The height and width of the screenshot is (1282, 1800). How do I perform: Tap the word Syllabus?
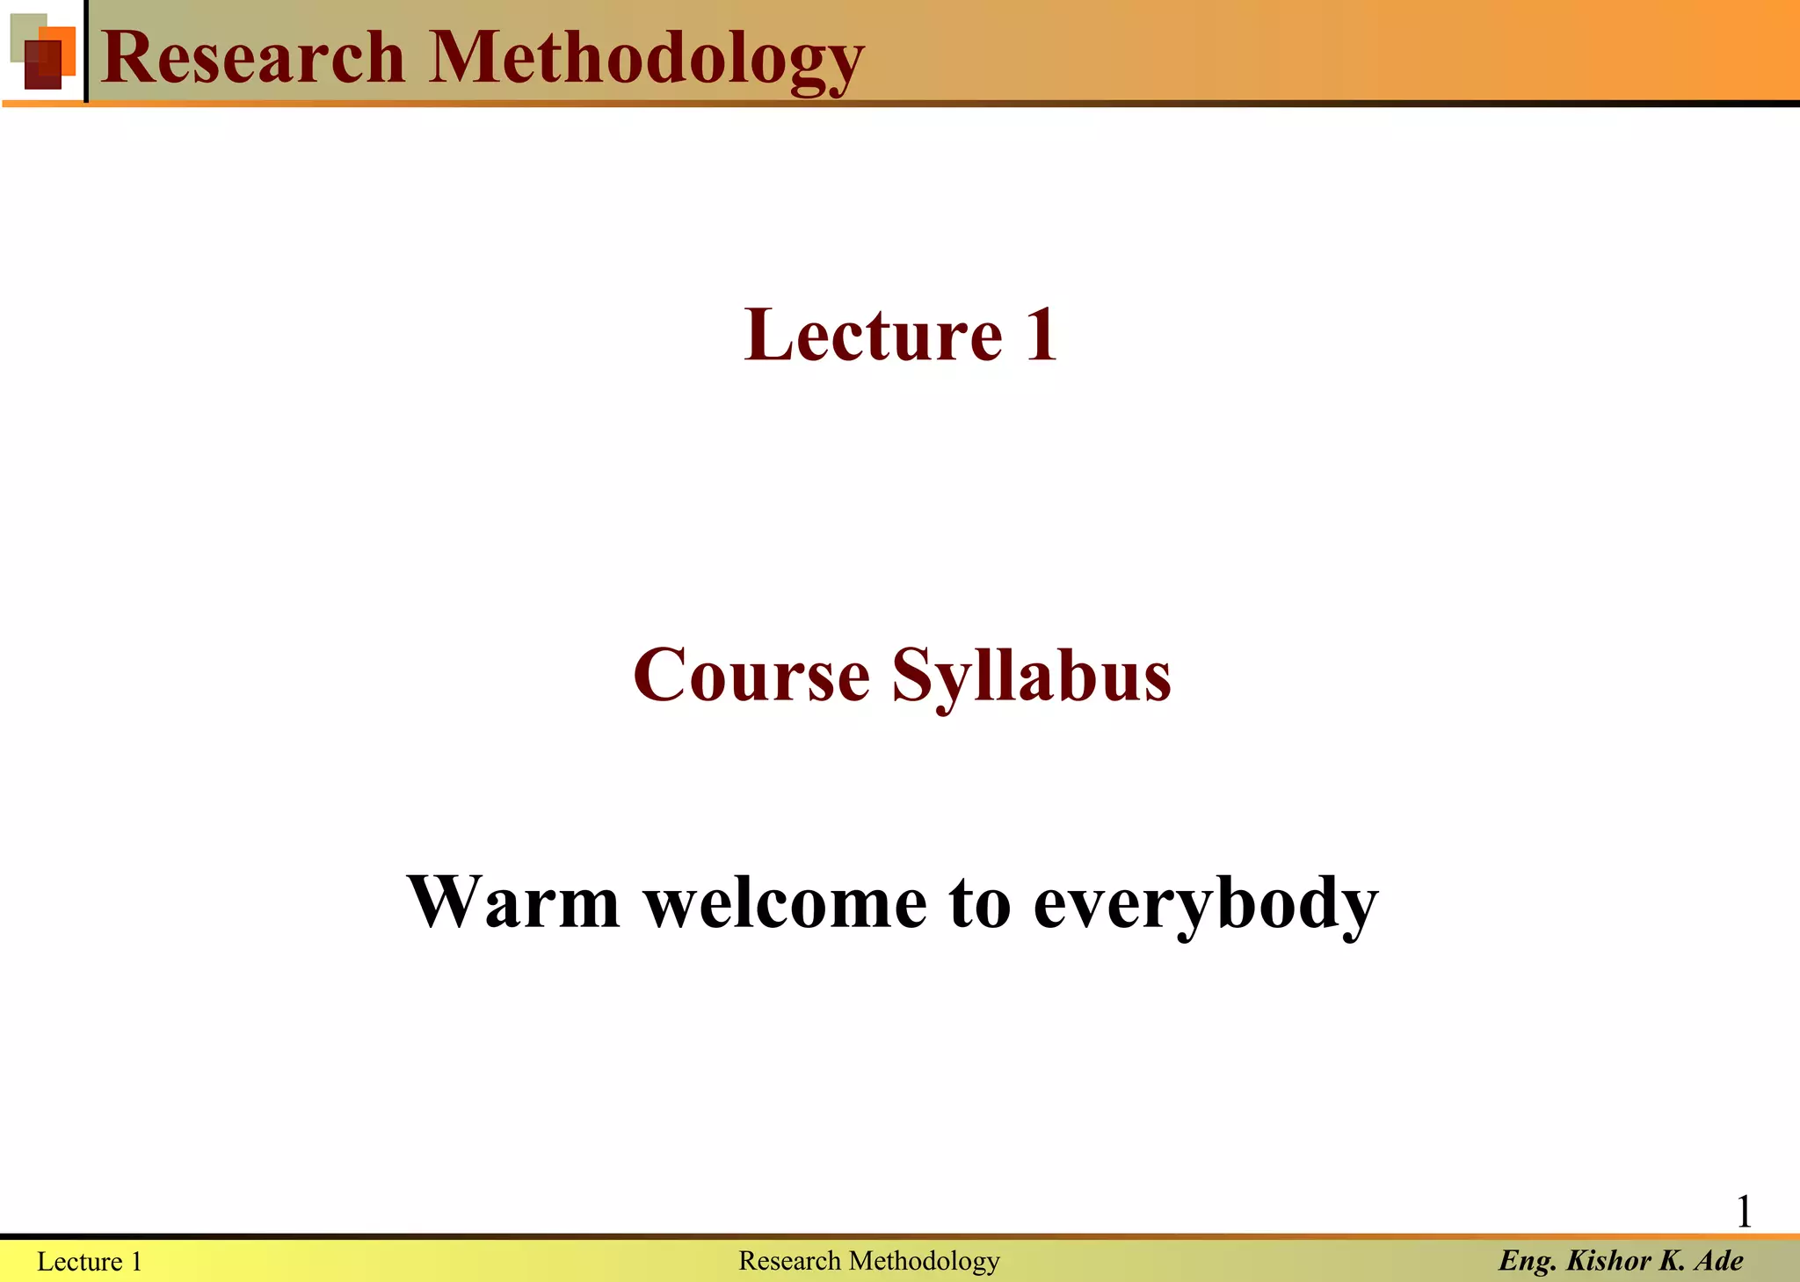coord(1032,677)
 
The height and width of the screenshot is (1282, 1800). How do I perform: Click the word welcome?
coord(786,902)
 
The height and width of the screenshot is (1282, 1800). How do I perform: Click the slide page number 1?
coord(1744,1213)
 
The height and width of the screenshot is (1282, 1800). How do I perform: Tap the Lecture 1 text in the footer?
coord(90,1262)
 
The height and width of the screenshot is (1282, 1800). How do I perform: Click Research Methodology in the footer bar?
coord(868,1261)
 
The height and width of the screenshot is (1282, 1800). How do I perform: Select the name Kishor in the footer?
coord(1608,1261)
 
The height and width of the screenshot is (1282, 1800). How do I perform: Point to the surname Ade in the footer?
coord(1719,1261)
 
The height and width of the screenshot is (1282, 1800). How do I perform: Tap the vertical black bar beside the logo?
coord(86,51)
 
